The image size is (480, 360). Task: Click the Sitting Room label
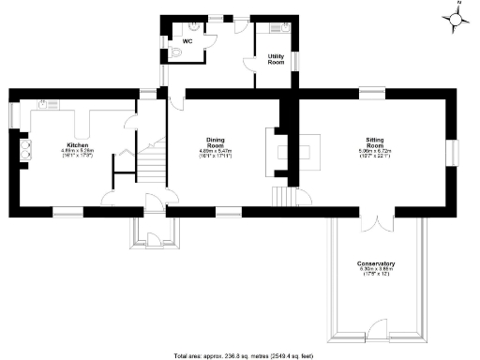(376, 146)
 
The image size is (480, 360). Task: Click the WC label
(187, 41)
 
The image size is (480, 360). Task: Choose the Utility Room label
(276, 59)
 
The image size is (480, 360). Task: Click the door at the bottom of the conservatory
(376, 328)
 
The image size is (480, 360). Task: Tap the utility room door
(250, 63)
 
